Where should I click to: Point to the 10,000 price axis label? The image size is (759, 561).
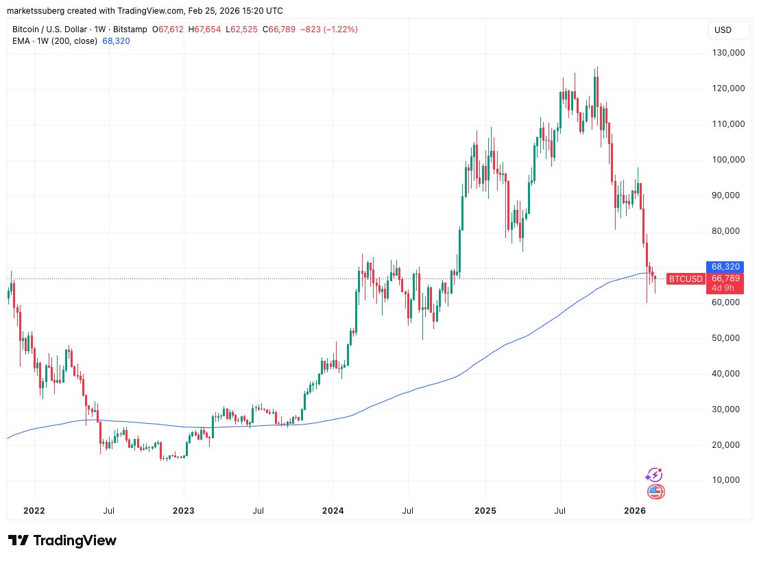point(728,480)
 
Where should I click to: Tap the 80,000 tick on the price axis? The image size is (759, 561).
point(728,231)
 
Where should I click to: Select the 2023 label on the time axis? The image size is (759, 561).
point(184,510)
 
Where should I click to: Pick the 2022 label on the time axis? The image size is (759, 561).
point(34,510)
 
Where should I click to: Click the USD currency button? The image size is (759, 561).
point(723,30)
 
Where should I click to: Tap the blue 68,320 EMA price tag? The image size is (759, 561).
point(724,266)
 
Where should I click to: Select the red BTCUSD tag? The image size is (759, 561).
point(686,278)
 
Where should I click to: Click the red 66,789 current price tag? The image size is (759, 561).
point(725,278)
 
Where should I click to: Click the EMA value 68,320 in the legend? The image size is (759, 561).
point(116,41)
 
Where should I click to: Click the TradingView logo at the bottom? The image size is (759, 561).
point(62,540)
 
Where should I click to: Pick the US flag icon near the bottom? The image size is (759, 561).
point(655,491)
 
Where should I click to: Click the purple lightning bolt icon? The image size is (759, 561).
point(655,475)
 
